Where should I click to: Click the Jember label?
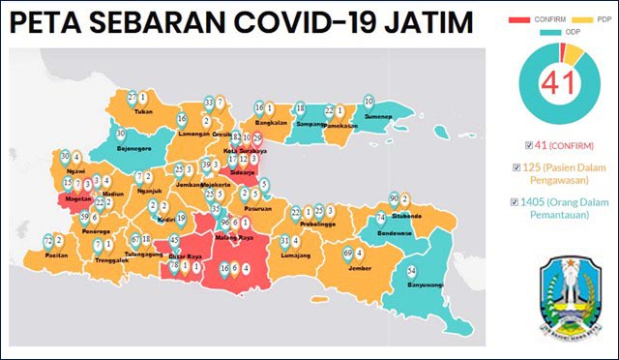coord(360,268)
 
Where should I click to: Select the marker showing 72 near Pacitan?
coord(48,241)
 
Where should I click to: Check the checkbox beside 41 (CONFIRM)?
coord(528,145)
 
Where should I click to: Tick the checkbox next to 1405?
coord(528,202)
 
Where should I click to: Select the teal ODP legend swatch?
coord(550,32)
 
